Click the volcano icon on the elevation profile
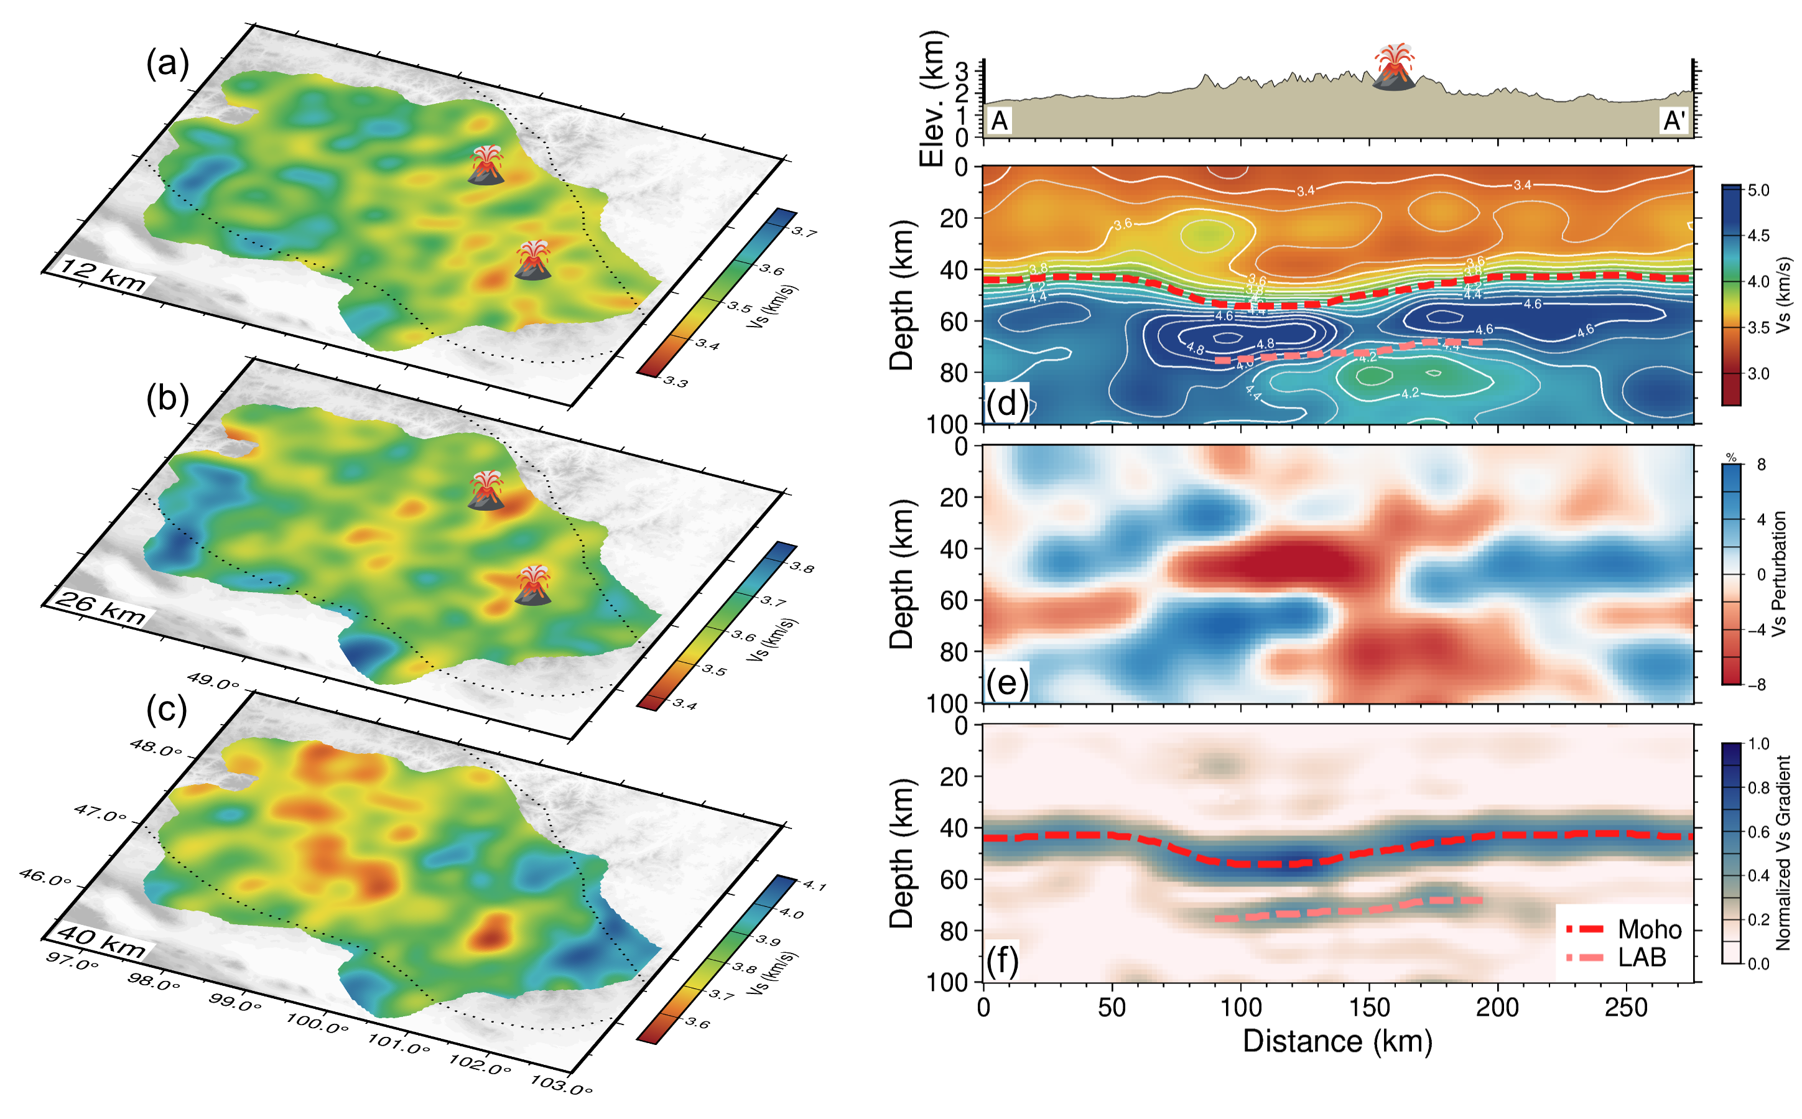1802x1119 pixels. (1394, 67)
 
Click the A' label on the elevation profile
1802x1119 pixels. (1674, 121)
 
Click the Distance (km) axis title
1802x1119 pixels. (1337, 1042)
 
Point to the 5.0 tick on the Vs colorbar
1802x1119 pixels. (1758, 191)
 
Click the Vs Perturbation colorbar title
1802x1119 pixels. (1780, 573)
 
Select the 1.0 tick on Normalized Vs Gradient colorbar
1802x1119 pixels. (1758, 744)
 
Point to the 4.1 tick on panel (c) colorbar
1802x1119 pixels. (814, 885)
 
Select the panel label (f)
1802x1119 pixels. (1002, 960)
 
